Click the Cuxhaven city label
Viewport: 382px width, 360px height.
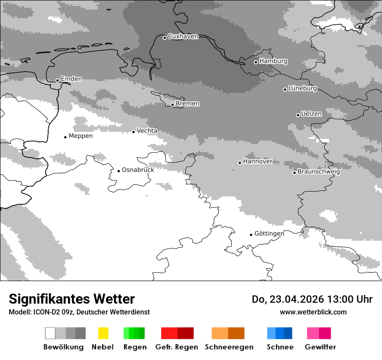pos(183,36)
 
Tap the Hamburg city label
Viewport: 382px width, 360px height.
pos(273,61)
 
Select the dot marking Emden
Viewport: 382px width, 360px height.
pos(57,80)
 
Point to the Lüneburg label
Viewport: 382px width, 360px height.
pos(303,88)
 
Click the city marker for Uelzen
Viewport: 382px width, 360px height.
pos(298,115)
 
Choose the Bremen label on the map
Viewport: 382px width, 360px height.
pos(188,104)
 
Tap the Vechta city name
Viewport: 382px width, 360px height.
pos(147,131)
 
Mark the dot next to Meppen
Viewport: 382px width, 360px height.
pos(65,137)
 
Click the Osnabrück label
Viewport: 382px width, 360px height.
pos(138,170)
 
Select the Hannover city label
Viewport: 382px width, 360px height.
pos(257,161)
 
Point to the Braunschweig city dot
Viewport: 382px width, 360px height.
pos(294,173)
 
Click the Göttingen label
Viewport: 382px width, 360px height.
pos(269,233)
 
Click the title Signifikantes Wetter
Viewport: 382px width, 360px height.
pos(72,299)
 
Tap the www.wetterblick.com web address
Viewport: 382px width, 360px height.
pos(313,312)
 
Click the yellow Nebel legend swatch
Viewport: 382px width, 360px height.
pos(103,333)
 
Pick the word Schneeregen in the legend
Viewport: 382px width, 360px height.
pos(229,347)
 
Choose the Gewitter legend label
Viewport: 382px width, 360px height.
pos(320,347)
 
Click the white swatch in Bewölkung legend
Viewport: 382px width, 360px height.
pos(50,333)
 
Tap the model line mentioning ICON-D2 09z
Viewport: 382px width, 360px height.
pos(79,312)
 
